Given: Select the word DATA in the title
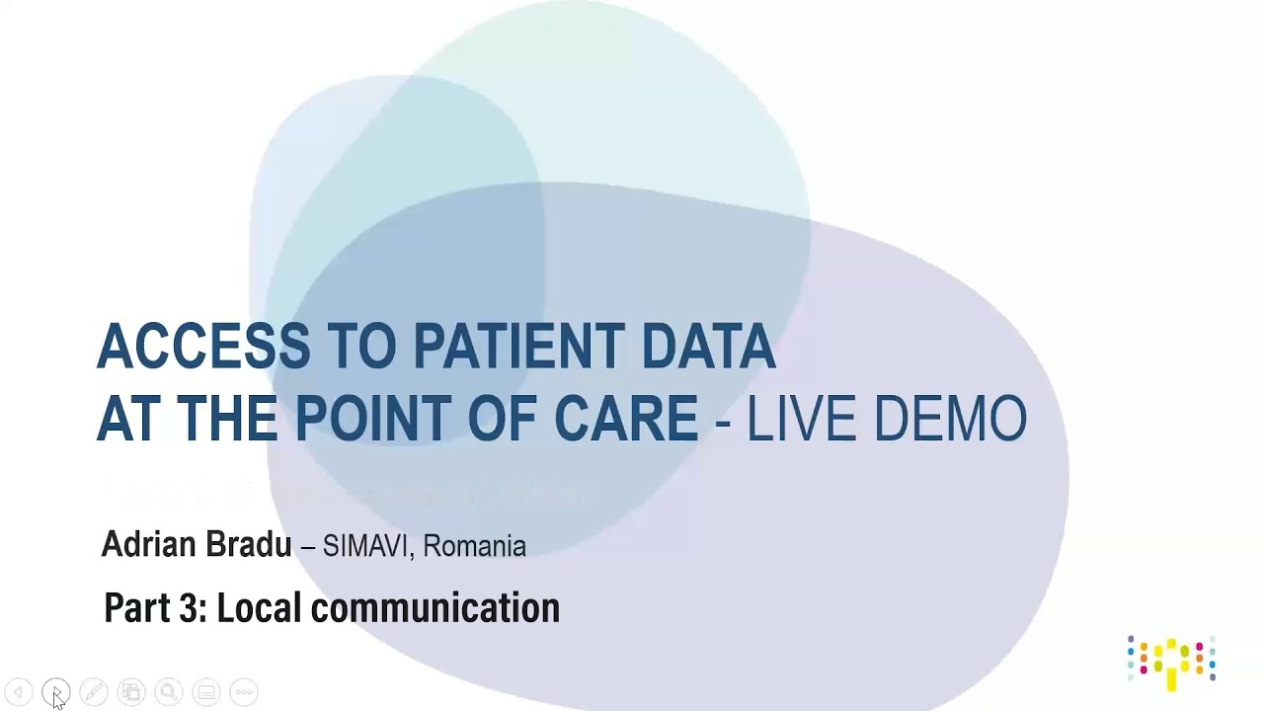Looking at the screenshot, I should click(x=708, y=347).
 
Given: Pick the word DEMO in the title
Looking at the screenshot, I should click(x=950, y=419).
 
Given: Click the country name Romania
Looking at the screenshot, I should click(x=475, y=546).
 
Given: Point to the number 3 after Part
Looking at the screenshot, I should click(x=189, y=607).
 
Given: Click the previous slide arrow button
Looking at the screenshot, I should click(x=19, y=692).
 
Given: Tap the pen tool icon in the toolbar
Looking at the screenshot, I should click(x=94, y=692).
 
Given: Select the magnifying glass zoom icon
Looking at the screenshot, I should click(x=169, y=692).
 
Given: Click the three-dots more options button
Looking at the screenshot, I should click(x=244, y=692).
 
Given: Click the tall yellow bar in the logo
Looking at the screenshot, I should click(x=1171, y=667).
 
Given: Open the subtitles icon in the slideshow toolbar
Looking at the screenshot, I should click(x=206, y=692).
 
